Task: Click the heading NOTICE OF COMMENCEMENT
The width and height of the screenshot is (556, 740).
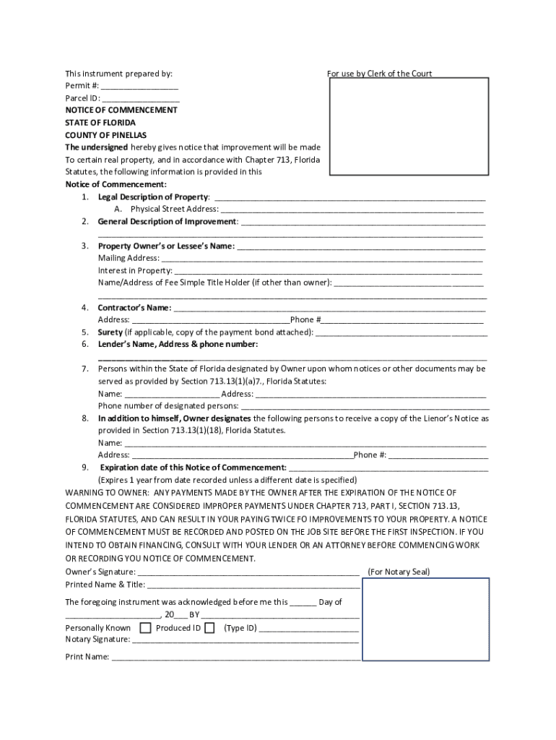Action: tap(121, 110)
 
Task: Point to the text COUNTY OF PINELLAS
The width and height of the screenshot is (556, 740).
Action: tap(105, 135)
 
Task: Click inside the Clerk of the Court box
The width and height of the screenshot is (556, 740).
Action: tap(410, 126)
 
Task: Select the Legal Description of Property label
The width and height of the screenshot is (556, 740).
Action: tap(153, 197)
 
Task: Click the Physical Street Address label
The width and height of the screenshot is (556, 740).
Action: tap(174, 209)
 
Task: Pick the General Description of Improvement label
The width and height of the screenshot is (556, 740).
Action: tap(167, 221)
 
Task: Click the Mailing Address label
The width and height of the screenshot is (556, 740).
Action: tap(129, 258)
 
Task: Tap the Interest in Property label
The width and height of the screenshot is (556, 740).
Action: tap(134, 270)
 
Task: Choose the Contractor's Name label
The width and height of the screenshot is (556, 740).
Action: tap(134, 308)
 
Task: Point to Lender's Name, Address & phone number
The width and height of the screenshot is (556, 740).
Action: tap(178, 345)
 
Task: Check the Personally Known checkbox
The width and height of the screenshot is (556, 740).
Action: tap(145, 628)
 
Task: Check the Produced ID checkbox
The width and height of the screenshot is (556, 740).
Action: tap(209, 628)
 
